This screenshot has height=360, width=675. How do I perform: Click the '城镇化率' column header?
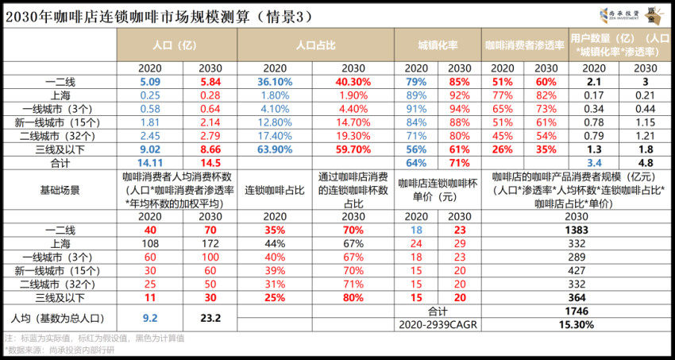click(x=438, y=45)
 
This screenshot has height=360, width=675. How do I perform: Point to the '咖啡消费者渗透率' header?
click(x=525, y=45)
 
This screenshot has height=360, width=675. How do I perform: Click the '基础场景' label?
click(x=59, y=192)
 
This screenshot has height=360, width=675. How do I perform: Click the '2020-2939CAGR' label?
click(x=438, y=323)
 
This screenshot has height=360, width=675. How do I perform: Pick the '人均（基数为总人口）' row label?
click(x=59, y=316)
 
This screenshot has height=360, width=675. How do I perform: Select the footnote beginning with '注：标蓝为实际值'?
click(x=95, y=337)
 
